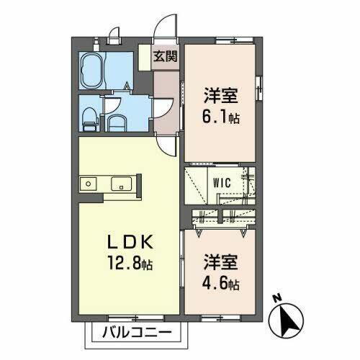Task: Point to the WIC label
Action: point(221,182)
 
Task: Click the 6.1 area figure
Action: point(217,116)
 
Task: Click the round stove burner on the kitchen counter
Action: point(88,184)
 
